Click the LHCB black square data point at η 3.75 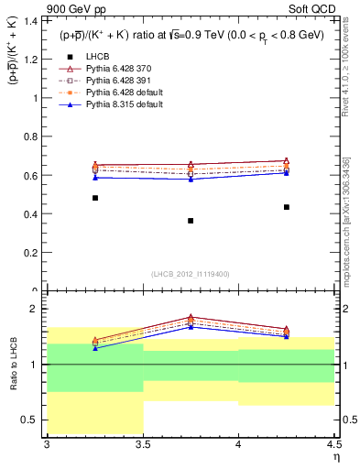(x=191, y=221)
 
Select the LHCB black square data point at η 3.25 (x=94, y=198)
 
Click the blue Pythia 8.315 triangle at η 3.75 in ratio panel (x=191, y=326)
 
